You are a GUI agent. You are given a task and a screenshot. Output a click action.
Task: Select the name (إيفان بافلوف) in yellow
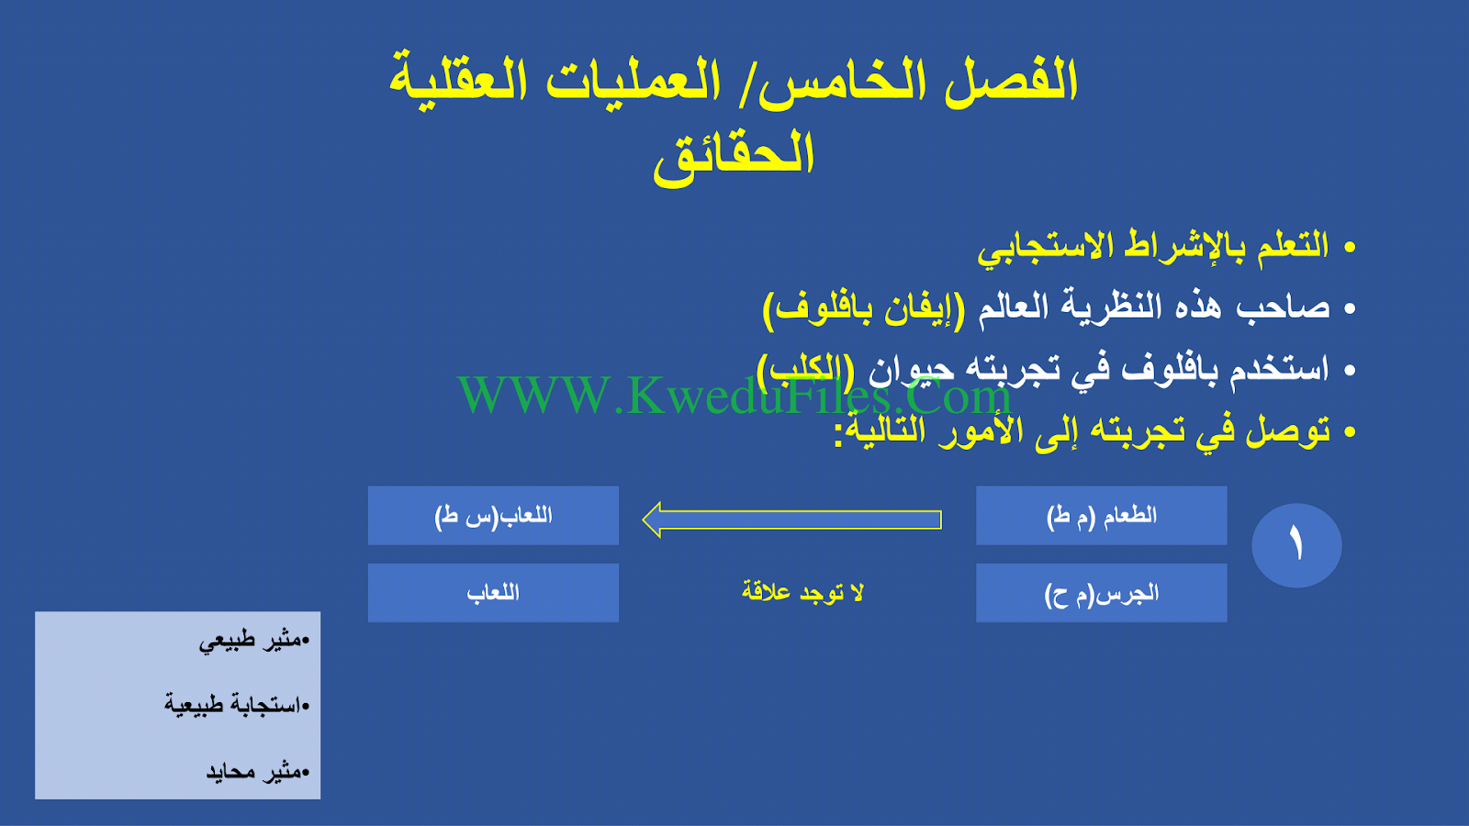point(864,308)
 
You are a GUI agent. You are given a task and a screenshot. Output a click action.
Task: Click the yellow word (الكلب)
point(806,370)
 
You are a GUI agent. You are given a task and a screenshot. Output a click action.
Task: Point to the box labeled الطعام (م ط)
point(1101,515)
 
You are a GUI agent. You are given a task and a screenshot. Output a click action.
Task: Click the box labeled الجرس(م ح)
point(1101,593)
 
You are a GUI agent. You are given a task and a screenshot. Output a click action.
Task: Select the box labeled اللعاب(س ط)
point(493,515)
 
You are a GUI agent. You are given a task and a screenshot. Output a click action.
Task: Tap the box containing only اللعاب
point(493,593)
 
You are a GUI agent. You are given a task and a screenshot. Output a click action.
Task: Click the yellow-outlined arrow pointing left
point(792,519)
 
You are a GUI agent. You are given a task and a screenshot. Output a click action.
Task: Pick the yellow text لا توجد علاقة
point(802,592)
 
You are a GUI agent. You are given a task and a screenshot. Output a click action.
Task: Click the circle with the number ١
point(1296,545)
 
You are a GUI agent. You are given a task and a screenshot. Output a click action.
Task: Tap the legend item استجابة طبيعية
point(237,705)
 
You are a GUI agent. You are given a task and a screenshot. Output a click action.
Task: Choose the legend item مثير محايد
point(258,771)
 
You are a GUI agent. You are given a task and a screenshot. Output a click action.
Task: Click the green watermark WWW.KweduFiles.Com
point(734,396)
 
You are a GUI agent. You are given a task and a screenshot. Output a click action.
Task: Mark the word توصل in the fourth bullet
point(1287,430)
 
